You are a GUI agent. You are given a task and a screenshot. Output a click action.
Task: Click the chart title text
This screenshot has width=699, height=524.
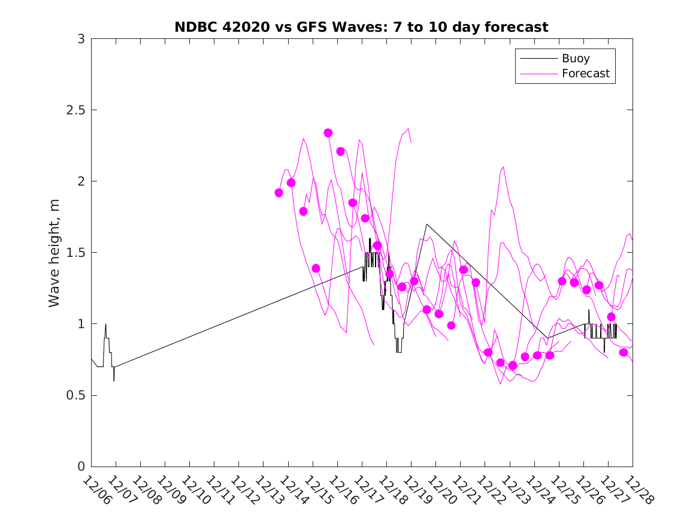pyautogui.click(x=361, y=27)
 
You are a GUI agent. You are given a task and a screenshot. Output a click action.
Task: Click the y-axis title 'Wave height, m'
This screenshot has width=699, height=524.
pyautogui.click(x=55, y=253)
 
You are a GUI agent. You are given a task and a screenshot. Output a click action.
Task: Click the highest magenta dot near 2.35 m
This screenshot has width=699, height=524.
pyautogui.click(x=328, y=133)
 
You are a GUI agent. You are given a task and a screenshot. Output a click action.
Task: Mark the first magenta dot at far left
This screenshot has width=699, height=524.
pyautogui.click(x=279, y=193)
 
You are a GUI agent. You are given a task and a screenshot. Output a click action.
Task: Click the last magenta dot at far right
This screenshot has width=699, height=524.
pyautogui.click(x=624, y=352)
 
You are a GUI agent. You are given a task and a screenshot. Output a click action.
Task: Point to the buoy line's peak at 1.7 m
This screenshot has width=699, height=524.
pyautogui.click(x=426, y=224)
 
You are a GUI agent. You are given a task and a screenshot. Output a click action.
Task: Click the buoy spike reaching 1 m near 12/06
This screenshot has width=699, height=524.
pyautogui.click(x=105, y=324)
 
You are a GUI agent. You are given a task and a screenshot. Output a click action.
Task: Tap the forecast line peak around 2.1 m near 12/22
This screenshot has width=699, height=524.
pyautogui.click(x=503, y=166)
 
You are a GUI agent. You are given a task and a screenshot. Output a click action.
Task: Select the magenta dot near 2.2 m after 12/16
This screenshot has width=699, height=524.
pyautogui.click(x=340, y=152)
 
